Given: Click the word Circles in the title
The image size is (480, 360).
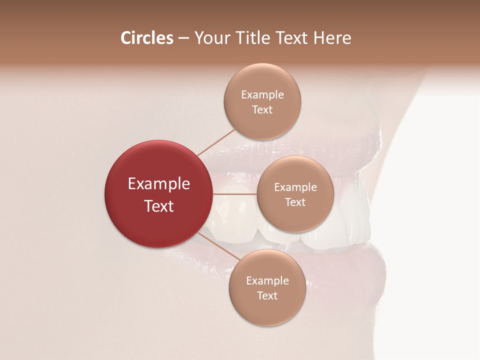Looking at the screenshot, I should pos(147,38).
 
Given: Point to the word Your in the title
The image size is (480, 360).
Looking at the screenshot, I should pos(210,38).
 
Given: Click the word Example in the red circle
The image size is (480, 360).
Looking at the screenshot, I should pos(158,184).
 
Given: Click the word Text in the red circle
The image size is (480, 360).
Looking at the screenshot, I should pos(158,206).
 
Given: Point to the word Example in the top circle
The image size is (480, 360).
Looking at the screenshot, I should pos(262,95).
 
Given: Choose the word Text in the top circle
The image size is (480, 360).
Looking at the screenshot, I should pos(262,110).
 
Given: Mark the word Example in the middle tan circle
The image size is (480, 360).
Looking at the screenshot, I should pos(295,187).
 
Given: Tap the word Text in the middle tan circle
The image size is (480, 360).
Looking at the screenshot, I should pos(295,202).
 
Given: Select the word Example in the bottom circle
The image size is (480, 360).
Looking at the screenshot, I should pos(267,281).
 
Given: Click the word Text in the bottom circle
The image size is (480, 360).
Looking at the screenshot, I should pos(267,296).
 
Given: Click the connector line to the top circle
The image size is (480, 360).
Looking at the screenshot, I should pos(216,142).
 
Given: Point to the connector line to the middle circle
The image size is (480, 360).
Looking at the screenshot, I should pos(234,194).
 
